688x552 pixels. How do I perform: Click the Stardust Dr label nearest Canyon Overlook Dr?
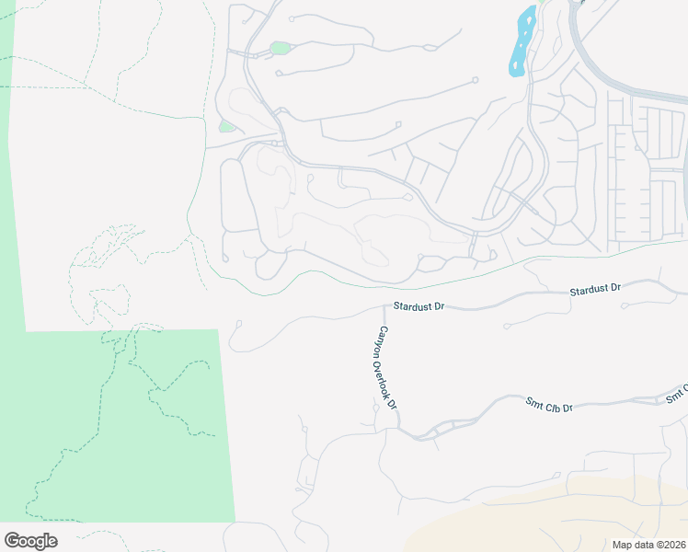coord(419,305)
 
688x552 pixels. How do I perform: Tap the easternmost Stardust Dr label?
coord(595,290)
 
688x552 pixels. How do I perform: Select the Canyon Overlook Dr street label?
coord(387,368)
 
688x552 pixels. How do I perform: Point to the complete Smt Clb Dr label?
coord(549,404)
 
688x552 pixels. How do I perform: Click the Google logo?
coord(30,541)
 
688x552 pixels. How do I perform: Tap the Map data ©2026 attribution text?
coord(649,544)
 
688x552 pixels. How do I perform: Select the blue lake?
coord(522,42)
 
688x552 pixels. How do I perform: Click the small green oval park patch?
coord(280,48)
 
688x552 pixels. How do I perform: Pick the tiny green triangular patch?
coord(225,126)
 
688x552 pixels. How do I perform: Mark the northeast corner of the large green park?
coord(218,329)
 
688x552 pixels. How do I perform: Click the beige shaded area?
coord(570,520)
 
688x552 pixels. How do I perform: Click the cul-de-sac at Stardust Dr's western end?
coord(238,323)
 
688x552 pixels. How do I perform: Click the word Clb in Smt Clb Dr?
coord(551,404)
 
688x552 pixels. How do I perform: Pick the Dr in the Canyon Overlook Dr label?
coord(394,403)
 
